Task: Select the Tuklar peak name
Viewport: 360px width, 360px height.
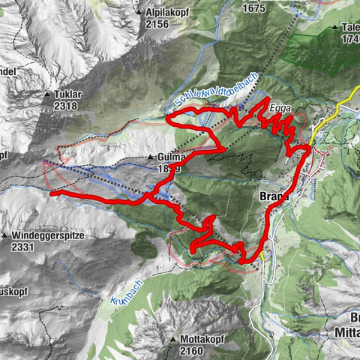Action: click(x=71, y=95)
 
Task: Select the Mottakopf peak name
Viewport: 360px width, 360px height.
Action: click(x=204, y=339)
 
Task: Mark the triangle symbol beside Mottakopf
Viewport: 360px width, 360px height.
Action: click(x=174, y=339)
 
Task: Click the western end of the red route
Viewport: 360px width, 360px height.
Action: click(x=52, y=193)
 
